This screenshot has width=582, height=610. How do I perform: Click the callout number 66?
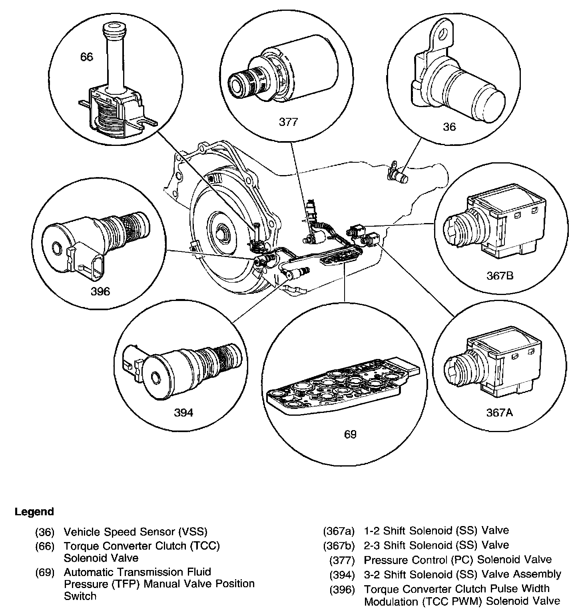click(x=86, y=57)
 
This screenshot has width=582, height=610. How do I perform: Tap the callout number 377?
click(x=288, y=122)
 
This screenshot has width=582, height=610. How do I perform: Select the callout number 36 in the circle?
click(x=449, y=127)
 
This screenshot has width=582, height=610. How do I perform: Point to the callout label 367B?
click(x=500, y=275)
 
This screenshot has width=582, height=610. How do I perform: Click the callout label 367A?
click(x=499, y=412)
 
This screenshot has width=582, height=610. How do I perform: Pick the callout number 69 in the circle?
click(x=350, y=435)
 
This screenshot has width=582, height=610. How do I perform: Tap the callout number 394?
click(x=183, y=413)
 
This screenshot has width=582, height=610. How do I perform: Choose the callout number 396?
click(x=100, y=291)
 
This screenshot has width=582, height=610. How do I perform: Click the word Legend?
click(x=34, y=512)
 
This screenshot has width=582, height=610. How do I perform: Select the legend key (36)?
click(x=44, y=532)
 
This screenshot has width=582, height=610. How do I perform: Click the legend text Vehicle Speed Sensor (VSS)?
click(x=136, y=532)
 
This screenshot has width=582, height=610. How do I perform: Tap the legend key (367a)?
click(x=339, y=531)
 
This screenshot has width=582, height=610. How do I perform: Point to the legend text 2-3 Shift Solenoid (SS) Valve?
click(x=436, y=545)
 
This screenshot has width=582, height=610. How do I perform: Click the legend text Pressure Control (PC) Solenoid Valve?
click(x=458, y=560)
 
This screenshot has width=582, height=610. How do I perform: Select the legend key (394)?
click(x=342, y=574)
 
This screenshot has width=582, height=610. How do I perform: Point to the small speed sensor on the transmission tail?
click(x=397, y=174)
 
